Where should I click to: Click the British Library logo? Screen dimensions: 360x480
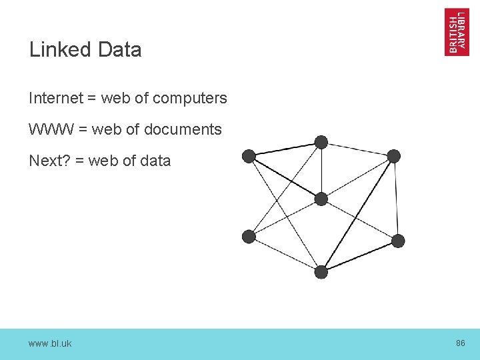point(456,31)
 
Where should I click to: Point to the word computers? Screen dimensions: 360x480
point(189,99)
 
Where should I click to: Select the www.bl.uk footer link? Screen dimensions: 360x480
point(50,343)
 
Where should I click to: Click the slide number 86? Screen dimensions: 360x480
point(460,343)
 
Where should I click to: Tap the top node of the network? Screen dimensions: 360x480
point(321,142)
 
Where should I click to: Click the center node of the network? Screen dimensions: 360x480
point(321,199)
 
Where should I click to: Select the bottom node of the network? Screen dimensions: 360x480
point(321,271)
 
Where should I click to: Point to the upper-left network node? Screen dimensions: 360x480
point(249,156)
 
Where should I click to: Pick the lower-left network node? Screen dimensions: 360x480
point(249,236)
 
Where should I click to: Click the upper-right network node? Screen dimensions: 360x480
point(394,156)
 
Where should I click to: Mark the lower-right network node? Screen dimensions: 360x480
point(397,241)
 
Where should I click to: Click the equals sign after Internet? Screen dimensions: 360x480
point(91,99)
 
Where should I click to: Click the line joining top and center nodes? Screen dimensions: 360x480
point(321,171)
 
